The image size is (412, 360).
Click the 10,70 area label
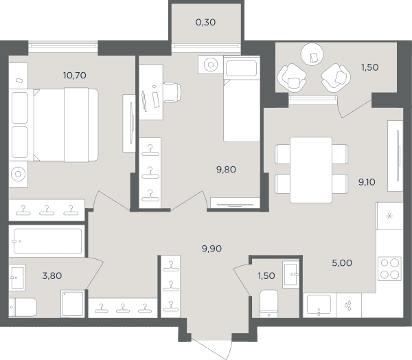pyautogui.click(x=75, y=76)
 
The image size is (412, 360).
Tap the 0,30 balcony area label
pyautogui.click(x=205, y=23)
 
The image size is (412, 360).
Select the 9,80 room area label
pyautogui.click(x=226, y=170)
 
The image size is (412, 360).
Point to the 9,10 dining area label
pyautogui.click(x=367, y=182)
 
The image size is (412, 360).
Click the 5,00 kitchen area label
pyautogui.click(x=342, y=263)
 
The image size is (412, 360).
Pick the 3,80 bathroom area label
pyautogui.click(x=52, y=276)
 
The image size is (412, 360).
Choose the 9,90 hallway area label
pyautogui.click(x=211, y=249)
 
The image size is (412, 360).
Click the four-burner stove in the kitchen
pyautogui.click(x=389, y=269)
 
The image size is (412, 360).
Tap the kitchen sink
pyautogui.click(x=319, y=304)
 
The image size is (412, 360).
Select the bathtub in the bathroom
pyautogui.click(x=47, y=241)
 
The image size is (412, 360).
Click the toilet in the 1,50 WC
pyautogui.click(x=268, y=304)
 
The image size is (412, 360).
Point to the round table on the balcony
pyautogui.click(x=312, y=54)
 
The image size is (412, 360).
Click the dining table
pyautogui.click(x=311, y=170)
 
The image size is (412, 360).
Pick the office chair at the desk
pyautogui.click(x=172, y=92)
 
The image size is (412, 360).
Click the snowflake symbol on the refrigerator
pyautogui.click(x=389, y=216)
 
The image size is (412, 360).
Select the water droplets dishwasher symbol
pyautogui.click(x=348, y=306)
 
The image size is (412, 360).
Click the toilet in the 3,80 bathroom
pyautogui.click(x=23, y=307)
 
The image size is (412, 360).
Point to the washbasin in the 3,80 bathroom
pyautogui.click(x=17, y=278)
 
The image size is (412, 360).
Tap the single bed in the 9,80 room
pyautogui.click(x=242, y=99)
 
